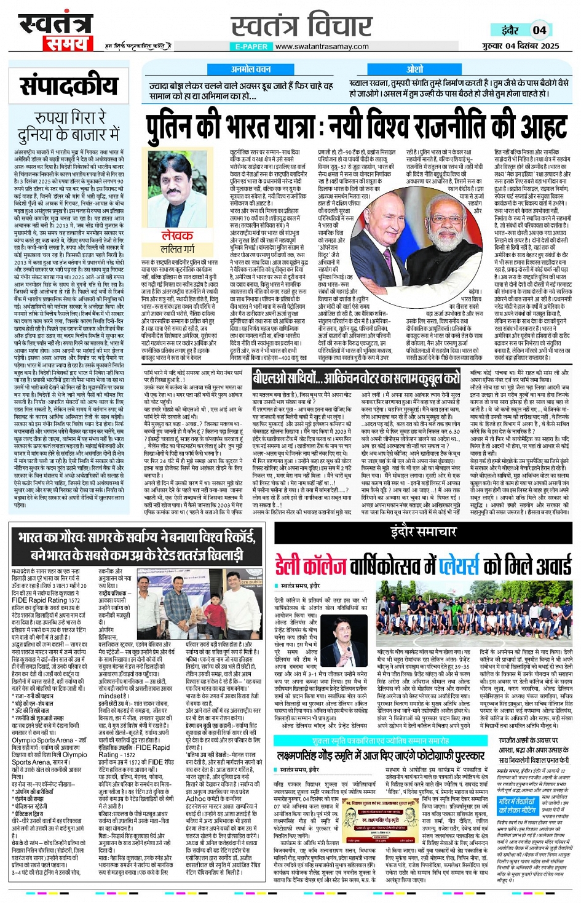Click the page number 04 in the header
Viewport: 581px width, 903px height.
539,30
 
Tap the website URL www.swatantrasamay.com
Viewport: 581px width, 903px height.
322,46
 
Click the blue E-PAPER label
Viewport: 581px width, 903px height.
251,46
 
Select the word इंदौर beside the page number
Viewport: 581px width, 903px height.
510,30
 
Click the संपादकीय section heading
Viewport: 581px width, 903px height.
69,86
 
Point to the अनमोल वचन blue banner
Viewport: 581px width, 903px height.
250,70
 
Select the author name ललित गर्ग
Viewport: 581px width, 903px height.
178,249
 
